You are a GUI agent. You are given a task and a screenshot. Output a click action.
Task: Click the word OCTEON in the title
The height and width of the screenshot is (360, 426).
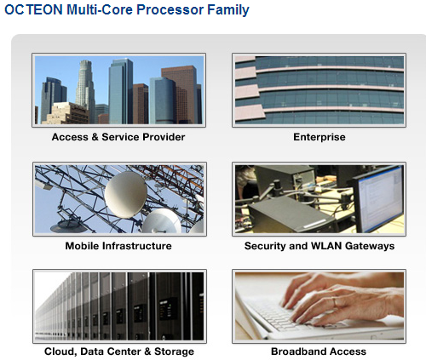33,10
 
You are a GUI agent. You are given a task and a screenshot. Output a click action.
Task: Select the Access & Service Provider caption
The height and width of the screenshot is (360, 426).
118,137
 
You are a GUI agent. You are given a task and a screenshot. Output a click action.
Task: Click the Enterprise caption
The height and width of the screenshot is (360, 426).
319,137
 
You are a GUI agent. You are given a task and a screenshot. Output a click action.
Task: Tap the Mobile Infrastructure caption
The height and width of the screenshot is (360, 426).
118,246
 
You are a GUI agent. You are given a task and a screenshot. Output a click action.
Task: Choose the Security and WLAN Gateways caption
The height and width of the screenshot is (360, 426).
319,246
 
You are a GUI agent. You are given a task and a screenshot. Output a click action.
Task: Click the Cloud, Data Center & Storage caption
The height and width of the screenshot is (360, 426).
118,351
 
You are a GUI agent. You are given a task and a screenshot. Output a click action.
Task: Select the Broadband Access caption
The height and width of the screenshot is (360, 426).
319,351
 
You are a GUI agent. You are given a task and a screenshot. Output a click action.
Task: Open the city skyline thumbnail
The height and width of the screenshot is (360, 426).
118,89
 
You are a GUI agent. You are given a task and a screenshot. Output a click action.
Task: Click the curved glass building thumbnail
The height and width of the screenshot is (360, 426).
319,89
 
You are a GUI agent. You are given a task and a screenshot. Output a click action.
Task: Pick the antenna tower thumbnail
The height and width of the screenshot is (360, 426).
118,197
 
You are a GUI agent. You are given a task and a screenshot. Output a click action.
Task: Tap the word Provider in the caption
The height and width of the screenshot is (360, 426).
164,137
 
